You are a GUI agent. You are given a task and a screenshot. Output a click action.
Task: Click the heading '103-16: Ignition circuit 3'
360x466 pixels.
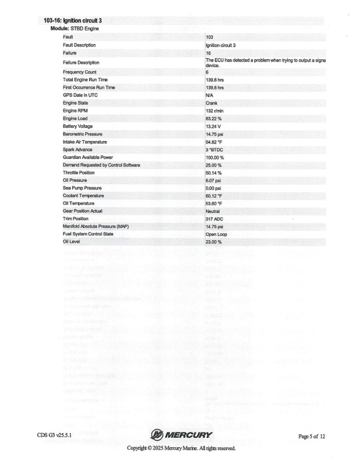click(x=77, y=21)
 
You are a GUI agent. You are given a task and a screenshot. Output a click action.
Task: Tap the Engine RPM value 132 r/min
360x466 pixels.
click(x=213, y=110)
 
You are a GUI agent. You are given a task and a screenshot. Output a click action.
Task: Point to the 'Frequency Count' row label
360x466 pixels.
click(x=78, y=72)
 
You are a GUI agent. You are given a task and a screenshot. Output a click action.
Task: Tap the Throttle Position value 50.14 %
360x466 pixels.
click(x=213, y=172)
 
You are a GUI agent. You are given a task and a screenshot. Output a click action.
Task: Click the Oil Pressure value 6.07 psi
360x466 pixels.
click(x=212, y=180)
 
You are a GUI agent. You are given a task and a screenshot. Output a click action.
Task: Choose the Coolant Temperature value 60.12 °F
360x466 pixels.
click(x=214, y=195)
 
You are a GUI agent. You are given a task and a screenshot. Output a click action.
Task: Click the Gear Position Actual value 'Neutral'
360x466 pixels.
click(x=213, y=211)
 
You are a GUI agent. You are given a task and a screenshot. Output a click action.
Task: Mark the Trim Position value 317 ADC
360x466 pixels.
click(x=213, y=219)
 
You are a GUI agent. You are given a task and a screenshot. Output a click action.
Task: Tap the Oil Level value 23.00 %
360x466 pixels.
click(x=213, y=242)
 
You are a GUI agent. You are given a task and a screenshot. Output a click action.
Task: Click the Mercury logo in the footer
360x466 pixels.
click(x=181, y=435)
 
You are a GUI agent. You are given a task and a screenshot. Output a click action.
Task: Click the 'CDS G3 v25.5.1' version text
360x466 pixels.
click(x=58, y=435)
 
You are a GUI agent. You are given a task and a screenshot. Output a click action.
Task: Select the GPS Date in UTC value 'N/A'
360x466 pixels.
click(x=209, y=95)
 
